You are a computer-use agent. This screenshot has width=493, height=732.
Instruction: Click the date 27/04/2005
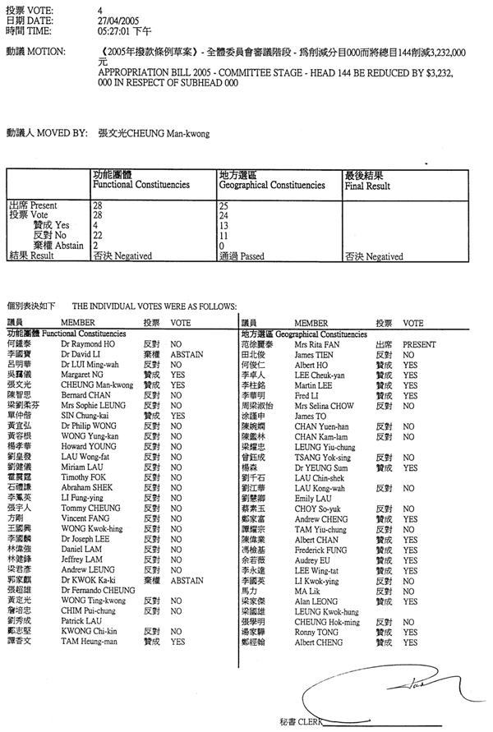tap(114, 21)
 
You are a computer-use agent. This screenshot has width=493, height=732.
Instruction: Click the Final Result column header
tap(367, 186)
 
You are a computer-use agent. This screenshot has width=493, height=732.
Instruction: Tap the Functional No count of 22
tap(98, 235)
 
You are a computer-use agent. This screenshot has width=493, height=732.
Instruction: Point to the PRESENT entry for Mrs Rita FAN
tap(419, 345)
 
